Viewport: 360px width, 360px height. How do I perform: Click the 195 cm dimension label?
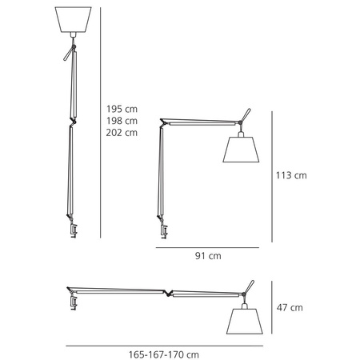[122, 109]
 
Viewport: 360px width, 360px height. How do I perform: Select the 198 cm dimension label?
[122, 121]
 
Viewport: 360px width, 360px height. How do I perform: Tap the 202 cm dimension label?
[122, 133]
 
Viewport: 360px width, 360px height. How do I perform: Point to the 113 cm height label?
[291, 175]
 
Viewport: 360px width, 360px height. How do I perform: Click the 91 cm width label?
[208, 256]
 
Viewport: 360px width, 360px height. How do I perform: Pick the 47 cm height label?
[290, 308]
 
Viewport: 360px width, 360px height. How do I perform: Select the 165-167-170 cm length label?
[164, 354]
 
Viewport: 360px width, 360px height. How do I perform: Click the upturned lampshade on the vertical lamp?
[73, 20]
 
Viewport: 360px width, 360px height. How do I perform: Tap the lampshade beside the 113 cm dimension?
[241, 150]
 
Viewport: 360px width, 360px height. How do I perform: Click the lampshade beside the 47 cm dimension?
[245, 322]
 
